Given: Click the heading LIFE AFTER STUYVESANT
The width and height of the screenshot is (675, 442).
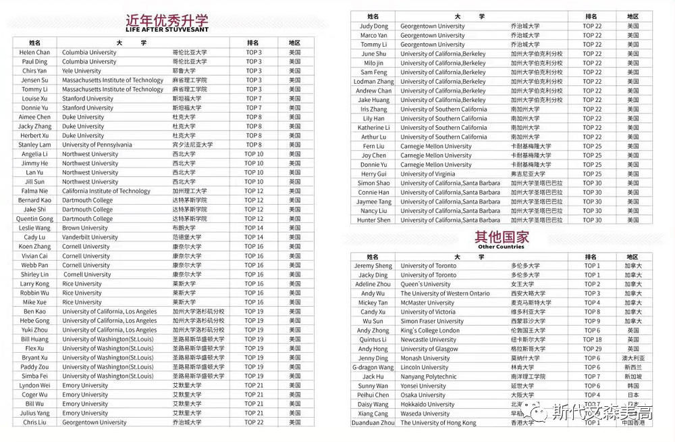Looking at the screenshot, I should [167, 30].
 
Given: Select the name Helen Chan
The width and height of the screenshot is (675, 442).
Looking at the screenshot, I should [34, 52].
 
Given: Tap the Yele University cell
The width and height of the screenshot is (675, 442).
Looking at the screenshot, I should [82, 71].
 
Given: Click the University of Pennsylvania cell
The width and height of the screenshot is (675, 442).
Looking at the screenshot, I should [97, 145].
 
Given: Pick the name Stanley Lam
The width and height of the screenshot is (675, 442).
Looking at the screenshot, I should [34, 145].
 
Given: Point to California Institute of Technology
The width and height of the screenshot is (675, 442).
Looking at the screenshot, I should [106, 191].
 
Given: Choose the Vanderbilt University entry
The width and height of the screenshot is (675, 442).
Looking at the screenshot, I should [90, 237].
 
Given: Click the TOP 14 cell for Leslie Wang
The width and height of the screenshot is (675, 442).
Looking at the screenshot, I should [254, 228].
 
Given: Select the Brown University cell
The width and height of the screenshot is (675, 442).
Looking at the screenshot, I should [85, 228].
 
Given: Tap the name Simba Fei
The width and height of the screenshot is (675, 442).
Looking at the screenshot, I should [34, 376].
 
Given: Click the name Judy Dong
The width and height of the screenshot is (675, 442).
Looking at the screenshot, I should [373, 26].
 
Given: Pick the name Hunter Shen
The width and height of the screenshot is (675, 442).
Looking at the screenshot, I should [373, 220].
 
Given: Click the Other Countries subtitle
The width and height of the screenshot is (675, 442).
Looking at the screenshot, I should [500, 247].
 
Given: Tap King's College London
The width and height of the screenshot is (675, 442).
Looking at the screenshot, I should [430, 330].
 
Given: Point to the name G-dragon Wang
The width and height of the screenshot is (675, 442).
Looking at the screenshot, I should [373, 368].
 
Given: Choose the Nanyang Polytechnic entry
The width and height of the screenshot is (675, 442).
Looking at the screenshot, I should [431, 376].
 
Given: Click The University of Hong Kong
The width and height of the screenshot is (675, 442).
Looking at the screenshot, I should [438, 423].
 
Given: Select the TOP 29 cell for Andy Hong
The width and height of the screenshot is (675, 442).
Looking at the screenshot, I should [592, 349].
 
